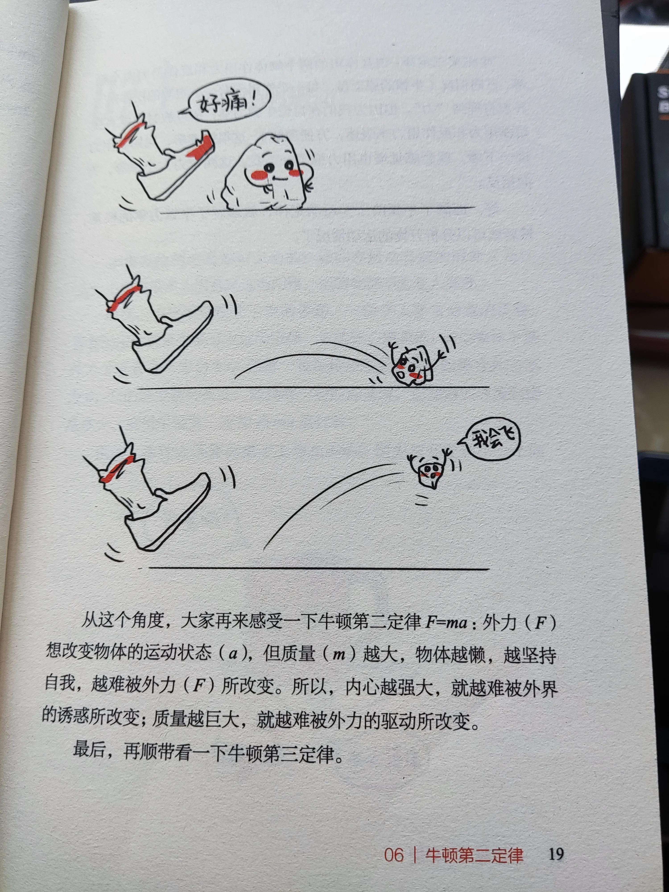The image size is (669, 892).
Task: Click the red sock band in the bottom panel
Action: click(x=117, y=470)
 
